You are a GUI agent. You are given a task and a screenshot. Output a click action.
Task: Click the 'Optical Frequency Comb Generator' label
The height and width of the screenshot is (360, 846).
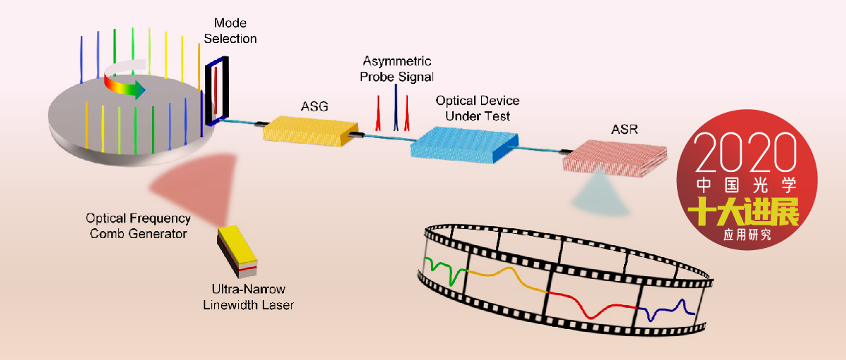(138, 225)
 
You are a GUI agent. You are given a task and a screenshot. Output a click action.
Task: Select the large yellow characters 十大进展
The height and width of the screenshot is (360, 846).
(744, 211)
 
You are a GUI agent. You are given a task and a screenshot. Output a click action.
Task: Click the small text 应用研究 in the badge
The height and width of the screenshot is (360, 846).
(747, 235)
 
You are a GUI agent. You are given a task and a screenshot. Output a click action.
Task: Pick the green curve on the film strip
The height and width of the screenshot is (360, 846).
(443, 271)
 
